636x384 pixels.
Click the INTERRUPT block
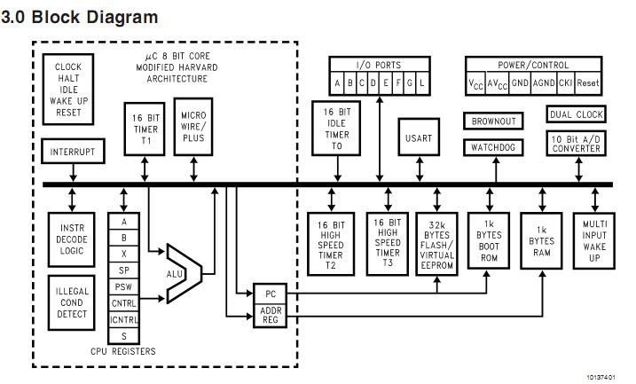tap(72, 153)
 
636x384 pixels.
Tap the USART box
tap(419, 137)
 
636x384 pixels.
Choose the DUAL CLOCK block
tap(577, 114)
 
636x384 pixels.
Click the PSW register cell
tap(123, 286)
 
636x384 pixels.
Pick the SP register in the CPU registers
tap(123, 270)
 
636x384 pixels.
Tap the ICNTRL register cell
tap(123, 318)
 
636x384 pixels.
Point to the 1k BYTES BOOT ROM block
tap(490, 240)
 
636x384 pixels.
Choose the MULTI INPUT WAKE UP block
tap(592, 239)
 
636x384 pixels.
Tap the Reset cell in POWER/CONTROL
tap(588, 83)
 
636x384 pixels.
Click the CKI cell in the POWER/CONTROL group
tap(564, 83)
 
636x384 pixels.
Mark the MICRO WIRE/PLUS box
tap(194, 129)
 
